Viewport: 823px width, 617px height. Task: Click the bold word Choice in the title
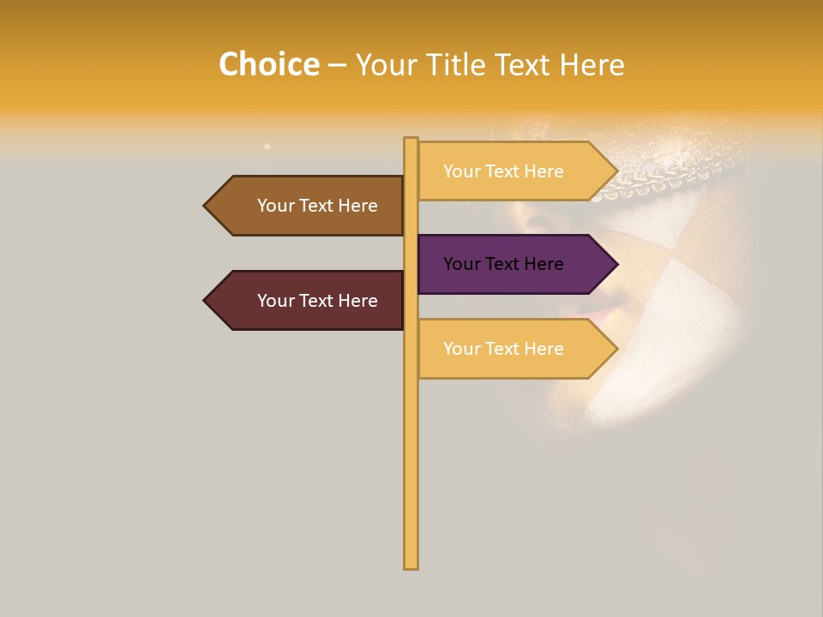[268, 65]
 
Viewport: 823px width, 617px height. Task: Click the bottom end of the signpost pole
[411, 565]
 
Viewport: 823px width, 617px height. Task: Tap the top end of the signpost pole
[411, 141]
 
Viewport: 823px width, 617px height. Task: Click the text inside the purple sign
[503, 264]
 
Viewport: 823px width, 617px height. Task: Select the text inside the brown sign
[317, 206]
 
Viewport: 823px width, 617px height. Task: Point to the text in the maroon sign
[317, 301]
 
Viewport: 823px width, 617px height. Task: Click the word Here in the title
[592, 65]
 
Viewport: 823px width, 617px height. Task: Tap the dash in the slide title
[337, 65]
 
